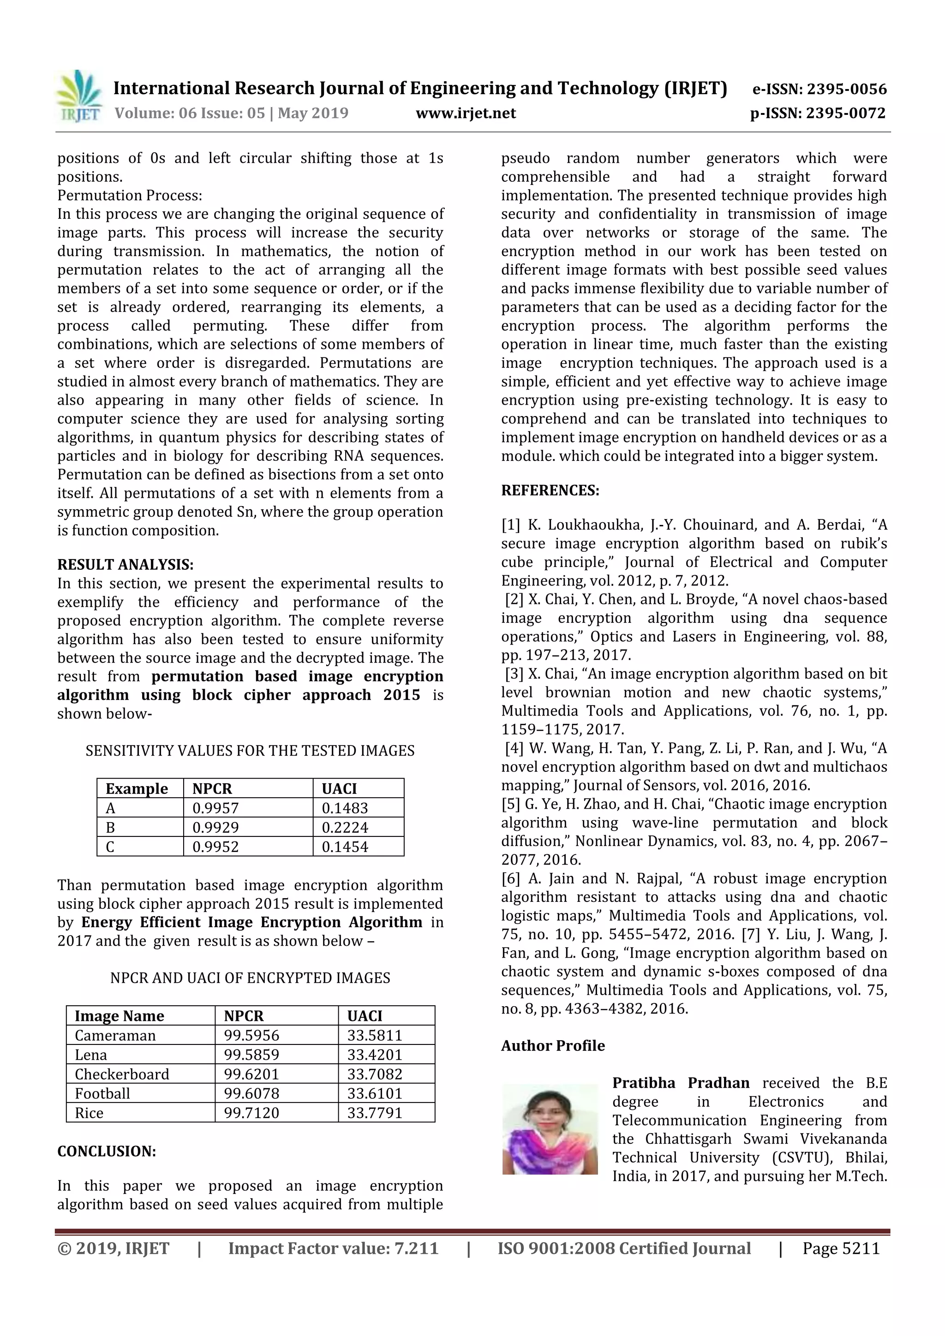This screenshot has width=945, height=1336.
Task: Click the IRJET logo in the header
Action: [78, 96]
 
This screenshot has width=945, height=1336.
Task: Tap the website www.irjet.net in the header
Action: [466, 113]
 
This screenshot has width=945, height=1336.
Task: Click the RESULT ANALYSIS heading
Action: [125, 564]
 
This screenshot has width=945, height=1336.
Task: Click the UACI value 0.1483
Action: [345, 808]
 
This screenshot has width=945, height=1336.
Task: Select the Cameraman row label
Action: [115, 1035]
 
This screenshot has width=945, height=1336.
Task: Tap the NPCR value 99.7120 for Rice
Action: [251, 1113]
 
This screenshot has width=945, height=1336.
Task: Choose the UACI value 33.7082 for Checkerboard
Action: [375, 1074]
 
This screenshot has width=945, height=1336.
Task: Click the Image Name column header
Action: [120, 1016]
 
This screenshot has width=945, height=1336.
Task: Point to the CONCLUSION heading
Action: [107, 1151]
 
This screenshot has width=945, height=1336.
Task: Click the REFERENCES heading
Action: [550, 490]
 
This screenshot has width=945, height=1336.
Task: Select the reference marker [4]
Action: [514, 748]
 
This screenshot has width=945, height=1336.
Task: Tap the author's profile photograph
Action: [550, 1129]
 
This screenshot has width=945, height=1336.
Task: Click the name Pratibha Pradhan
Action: [681, 1083]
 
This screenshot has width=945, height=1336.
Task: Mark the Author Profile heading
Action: [553, 1046]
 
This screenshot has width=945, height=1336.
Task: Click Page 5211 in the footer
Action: [841, 1249]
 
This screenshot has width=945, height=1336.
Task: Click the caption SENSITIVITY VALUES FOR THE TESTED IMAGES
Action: [250, 751]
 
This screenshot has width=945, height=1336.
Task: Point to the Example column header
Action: [137, 788]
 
